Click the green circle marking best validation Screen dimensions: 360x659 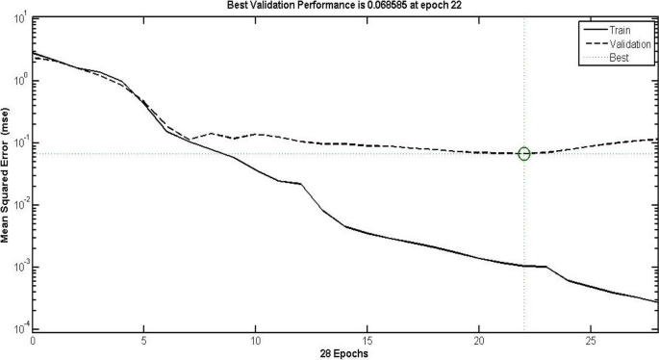click(x=524, y=154)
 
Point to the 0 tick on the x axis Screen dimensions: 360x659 click(x=33, y=340)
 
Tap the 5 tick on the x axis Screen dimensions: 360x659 click(x=144, y=340)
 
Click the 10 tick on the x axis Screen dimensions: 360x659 click(x=256, y=340)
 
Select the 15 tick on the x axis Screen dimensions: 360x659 click(x=368, y=340)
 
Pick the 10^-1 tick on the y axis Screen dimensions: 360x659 click(x=19, y=142)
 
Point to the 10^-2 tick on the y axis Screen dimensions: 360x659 click(x=19, y=205)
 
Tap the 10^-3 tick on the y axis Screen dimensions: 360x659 click(x=19, y=267)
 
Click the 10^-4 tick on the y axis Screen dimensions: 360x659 click(x=19, y=329)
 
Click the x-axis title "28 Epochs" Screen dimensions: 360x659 click(x=344, y=352)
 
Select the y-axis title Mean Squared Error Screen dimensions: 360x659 click(x=6, y=174)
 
